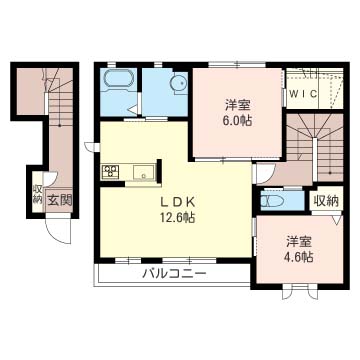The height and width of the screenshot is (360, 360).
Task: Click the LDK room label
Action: pyautogui.click(x=177, y=202)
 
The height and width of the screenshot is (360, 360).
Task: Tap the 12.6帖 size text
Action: pyautogui.click(x=177, y=217)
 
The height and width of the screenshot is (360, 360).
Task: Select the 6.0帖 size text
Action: pyautogui.click(x=238, y=121)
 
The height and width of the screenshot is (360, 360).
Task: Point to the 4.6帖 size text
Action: pyautogui.click(x=299, y=257)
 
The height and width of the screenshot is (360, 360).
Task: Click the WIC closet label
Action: pyautogui.click(x=303, y=94)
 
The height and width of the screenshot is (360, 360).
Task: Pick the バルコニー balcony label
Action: pyautogui.click(x=175, y=274)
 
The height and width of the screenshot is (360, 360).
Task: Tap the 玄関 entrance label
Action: pyautogui.click(x=59, y=200)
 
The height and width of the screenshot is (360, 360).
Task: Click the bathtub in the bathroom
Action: pyautogui.click(x=119, y=80)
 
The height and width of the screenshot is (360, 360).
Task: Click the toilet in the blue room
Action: pyautogui.click(x=272, y=202)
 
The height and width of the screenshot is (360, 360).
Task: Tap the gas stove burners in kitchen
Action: pyautogui.click(x=111, y=171)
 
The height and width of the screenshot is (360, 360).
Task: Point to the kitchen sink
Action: pyautogui.click(x=144, y=172)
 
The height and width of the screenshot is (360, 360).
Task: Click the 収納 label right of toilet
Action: pyautogui.click(x=326, y=201)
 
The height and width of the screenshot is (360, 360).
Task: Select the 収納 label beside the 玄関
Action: pyautogui.click(x=37, y=194)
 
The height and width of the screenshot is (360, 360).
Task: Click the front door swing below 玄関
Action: pyautogui.click(x=60, y=230)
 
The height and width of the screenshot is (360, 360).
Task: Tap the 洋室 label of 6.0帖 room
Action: pyautogui.click(x=238, y=105)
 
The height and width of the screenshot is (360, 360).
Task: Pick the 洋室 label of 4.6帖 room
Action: pyautogui.click(x=299, y=241)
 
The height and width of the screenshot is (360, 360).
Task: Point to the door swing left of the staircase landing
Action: pyautogui.click(x=265, y=173)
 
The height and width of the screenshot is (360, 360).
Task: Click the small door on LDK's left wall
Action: pyautogui.click(x=91, y=147)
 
